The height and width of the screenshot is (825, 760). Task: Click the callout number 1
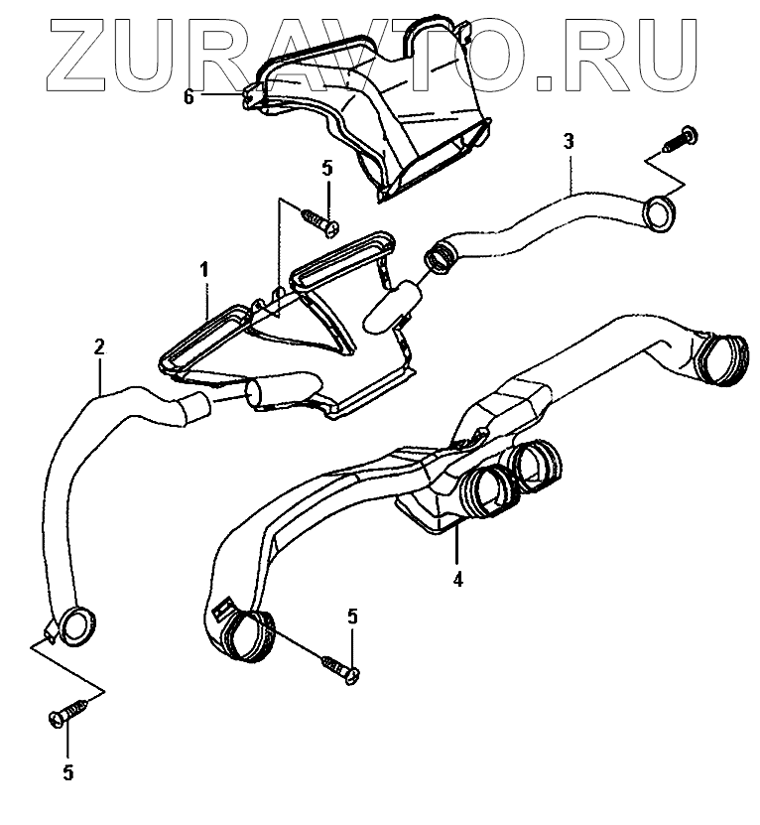[204, 269]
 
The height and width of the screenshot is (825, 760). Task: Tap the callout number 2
[99, 346]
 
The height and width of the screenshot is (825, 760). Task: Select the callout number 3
[569, 141]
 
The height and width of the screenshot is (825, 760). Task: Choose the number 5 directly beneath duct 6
[327, 169]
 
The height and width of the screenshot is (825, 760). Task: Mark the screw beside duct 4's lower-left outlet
[340, 666]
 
